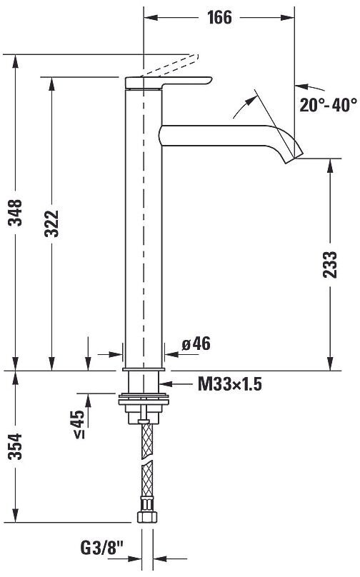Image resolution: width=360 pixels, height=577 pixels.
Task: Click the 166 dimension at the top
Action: [x=220, y=17]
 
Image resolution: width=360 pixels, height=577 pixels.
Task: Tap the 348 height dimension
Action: [x=16, y=212]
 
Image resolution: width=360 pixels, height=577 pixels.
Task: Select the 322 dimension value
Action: [x=51, y=224]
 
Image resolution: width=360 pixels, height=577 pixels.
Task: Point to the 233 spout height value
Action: [x=330, y=264]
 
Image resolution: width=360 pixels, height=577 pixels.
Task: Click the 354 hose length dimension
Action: [x=16, y=446]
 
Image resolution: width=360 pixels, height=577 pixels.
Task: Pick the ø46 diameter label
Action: [x=196, y=343]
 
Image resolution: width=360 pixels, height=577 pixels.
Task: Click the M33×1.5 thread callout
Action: [x=230, y=384]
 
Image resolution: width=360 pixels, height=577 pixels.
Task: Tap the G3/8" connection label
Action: [x=101, y=548]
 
